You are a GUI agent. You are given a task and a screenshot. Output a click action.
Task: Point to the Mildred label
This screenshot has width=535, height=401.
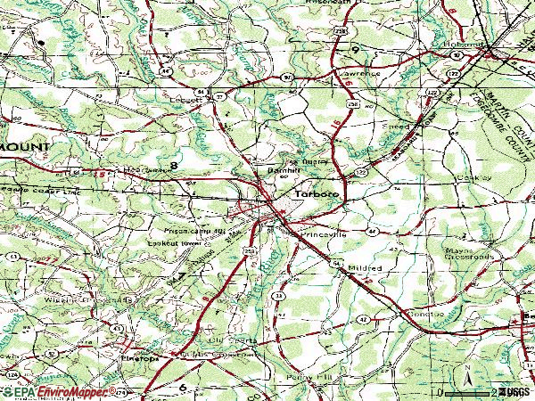pos(366,267)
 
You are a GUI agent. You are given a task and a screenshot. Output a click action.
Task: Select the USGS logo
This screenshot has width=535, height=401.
pos(512,392)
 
